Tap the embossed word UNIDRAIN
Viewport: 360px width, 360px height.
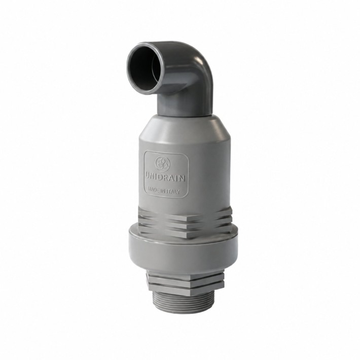pyautogui.click(x=165, y=177)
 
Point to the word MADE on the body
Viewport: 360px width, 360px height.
pyautogui.click(x=153, y=190)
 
